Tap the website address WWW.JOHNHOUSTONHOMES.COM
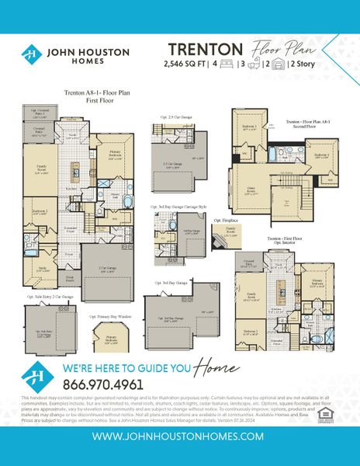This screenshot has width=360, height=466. tap(180, 437)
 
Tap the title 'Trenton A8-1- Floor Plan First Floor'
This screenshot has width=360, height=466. tap(90, 95)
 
